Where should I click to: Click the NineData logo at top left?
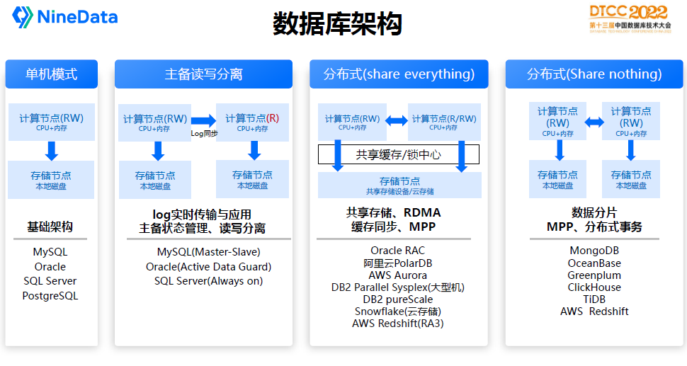(65, 17)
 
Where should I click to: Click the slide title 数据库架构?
(337, 23)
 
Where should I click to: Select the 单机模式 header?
(52, 74)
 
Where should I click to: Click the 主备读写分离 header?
(203, 74)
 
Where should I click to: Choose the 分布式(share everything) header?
(399, 74)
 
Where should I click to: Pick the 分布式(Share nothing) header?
(594, 74)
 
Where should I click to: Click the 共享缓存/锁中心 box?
(398, 154)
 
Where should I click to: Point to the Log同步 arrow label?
(204, 133)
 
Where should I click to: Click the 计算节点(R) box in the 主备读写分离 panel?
(252, 122)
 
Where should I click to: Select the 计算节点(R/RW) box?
(444, 122)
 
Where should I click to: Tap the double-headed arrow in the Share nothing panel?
(594, 122)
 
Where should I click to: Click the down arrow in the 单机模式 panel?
(51, 150)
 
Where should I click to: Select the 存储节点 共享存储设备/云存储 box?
(399, 185)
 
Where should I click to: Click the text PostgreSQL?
(50, 296)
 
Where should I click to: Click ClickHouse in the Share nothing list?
(594, 287)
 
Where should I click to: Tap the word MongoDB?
(594, 251)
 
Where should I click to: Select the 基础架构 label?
(50, 227)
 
